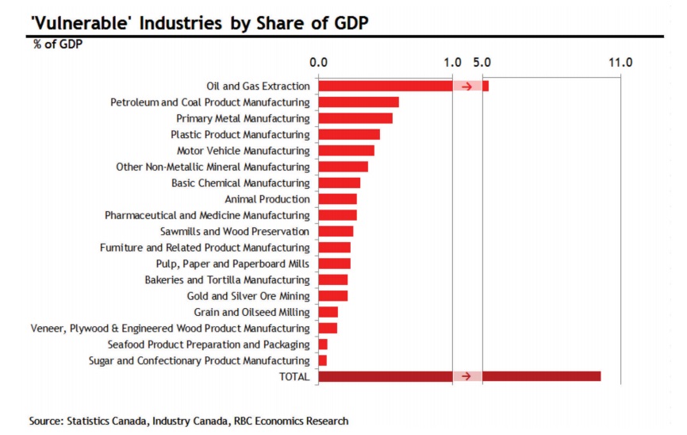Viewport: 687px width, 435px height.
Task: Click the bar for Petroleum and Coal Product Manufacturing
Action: coord(358,102)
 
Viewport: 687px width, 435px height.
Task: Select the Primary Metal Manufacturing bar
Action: coord(355,118)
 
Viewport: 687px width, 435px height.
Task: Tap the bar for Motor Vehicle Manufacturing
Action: coord(346,151)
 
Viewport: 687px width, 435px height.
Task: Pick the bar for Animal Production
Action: coord(337,199)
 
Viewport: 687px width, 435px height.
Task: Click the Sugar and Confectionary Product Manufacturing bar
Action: coord(322,361)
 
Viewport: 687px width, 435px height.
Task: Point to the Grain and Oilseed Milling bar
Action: coord(328,313)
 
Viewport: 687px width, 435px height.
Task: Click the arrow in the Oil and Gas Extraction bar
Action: coord(467,86)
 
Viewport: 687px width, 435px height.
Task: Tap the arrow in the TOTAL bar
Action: coord(467,376)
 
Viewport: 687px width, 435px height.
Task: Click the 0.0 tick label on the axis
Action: coord(319,61)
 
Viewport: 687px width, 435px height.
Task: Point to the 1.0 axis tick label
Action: coord(452,61)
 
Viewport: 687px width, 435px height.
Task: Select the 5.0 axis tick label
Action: coord(482,61)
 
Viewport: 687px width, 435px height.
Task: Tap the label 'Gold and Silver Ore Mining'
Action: coord(248,296)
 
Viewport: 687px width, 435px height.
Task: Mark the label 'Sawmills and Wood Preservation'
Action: coord(235,232)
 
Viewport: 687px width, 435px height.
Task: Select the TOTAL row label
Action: coord(294,377)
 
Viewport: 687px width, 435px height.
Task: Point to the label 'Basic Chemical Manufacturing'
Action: coord(240,183)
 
